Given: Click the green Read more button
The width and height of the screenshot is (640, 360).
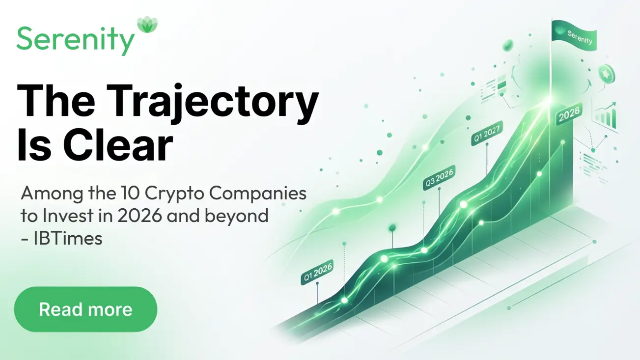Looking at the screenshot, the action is tap(85, 309).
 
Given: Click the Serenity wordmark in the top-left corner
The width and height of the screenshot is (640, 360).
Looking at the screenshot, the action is tap(76, 41).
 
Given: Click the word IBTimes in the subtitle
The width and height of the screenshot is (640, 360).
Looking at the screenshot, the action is tap(68, 238).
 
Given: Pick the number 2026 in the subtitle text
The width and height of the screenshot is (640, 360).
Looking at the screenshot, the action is tap(139, 216).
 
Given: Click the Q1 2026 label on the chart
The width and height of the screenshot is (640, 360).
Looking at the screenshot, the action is tap(317, 273).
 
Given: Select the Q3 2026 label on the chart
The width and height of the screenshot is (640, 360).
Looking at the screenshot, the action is tap(439, 178).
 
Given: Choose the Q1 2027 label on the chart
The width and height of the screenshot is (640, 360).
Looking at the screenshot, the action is tap(487, 134).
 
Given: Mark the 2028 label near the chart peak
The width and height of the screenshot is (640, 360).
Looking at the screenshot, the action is tap(569, 114).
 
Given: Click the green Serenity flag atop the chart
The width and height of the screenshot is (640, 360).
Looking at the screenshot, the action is tap(574, 36).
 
